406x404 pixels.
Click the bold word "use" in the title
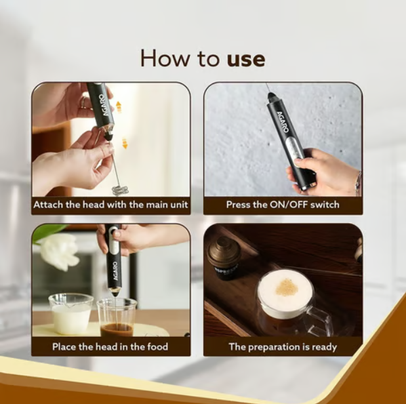coord(246,60)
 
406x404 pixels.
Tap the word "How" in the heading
coord(165,58)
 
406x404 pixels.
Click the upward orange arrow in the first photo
coord(119,106)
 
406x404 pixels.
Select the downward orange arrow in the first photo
coord(125,144)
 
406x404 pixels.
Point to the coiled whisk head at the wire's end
coord(120,190)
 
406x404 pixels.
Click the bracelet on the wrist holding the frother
coord(358,182)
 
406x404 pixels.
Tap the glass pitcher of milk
coord(71,313)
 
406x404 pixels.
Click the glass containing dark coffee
coord(117,317)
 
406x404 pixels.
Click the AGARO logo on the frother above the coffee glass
coord(115,271)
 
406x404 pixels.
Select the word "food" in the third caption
coord(158,346)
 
